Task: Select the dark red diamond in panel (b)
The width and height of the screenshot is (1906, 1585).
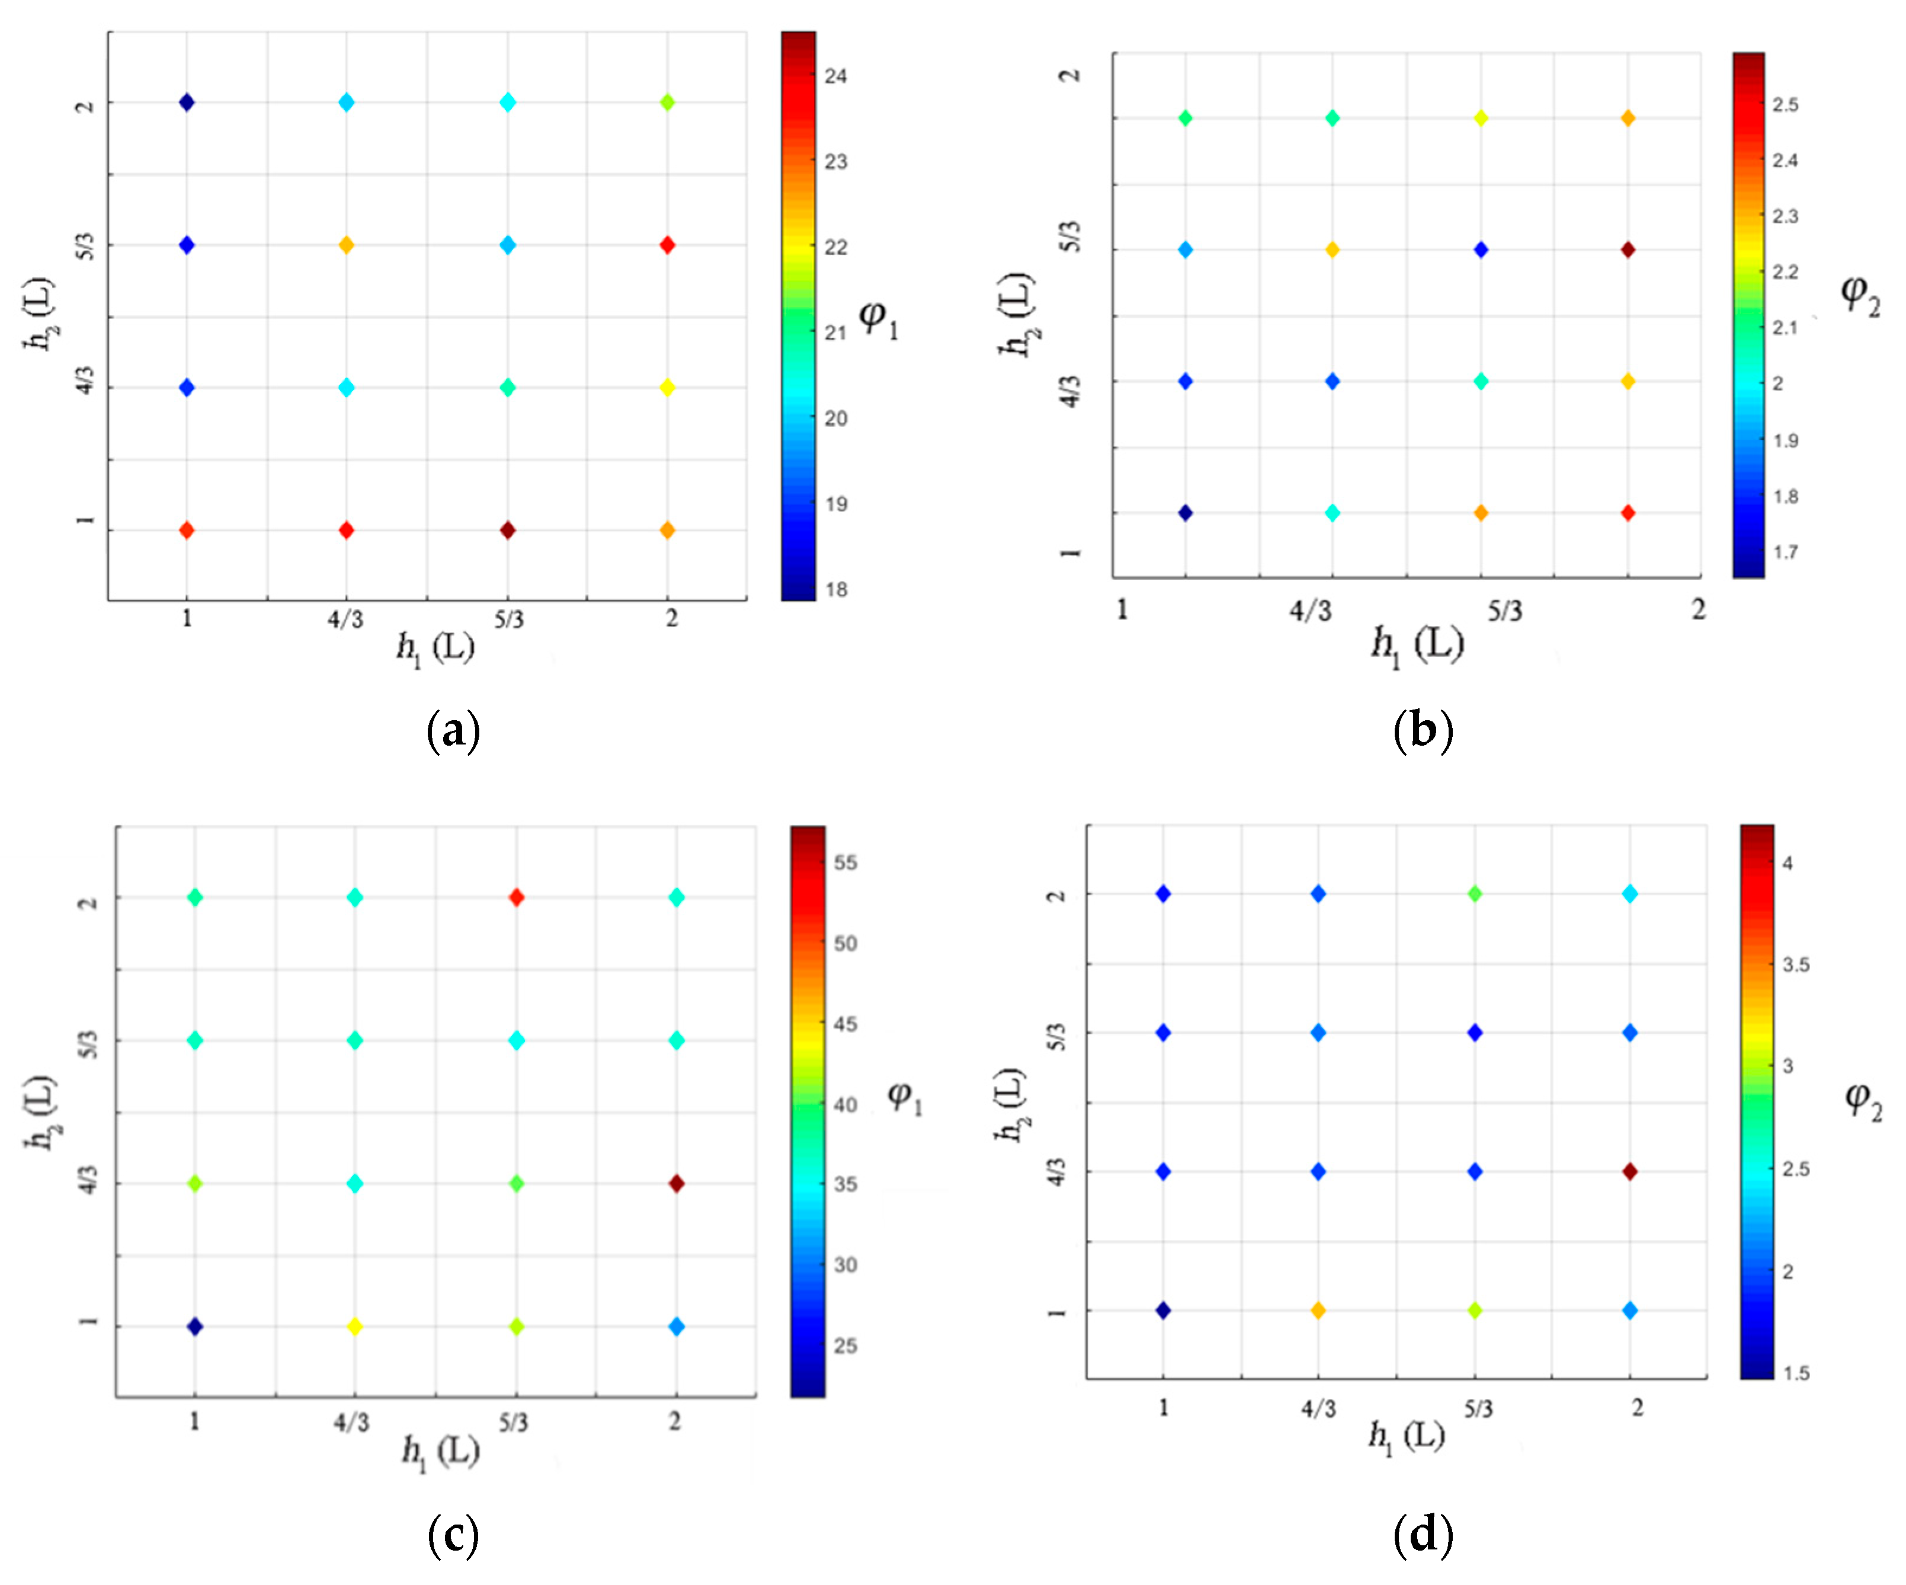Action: pyautogui.click(x=1628, y=250)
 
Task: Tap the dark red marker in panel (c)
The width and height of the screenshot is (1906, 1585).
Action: pyautogui.click(x=676, y=1184)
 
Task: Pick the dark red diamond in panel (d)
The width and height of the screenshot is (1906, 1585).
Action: pyautogui.click(x=1630, y=1172)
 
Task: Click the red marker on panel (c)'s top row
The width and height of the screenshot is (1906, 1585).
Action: pyautogui.click(x=517, y=898)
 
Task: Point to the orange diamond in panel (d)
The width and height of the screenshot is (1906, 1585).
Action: pyautogui.click(x=1319, y=1311)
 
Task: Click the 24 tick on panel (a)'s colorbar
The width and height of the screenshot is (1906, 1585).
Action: pyautogui.click(x=835, y=76)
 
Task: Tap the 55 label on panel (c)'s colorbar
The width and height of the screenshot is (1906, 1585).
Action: pyautogui.click(x=845, y=862)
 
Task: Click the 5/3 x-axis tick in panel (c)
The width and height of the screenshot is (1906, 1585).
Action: pyautogui.click(x=514, y=1423)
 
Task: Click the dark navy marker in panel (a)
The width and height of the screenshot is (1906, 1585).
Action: pyautogui.click(x=187, y=103)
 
